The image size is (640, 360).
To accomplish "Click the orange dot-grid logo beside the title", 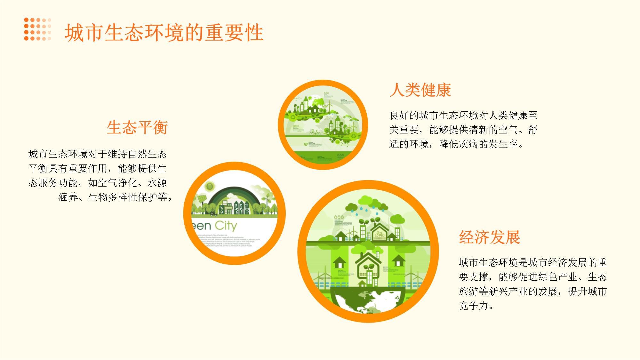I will tap(37, 29).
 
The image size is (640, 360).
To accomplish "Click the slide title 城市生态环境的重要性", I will tap(164, 33).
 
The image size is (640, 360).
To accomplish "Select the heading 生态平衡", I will tap(137, 127).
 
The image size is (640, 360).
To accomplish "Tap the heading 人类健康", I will tap(420, 90).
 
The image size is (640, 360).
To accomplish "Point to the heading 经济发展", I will tap(489, 237).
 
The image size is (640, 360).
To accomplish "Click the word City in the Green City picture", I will tap(226, 226).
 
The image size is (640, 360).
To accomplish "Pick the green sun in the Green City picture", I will tap(210, 186).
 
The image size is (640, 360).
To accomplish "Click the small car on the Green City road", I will tap(213, 214).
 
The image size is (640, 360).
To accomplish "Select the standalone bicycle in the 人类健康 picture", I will tap(315, 132).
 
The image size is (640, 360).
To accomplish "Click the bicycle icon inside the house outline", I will tap(380, 235).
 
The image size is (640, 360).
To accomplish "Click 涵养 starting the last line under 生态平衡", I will tap(68, 197).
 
